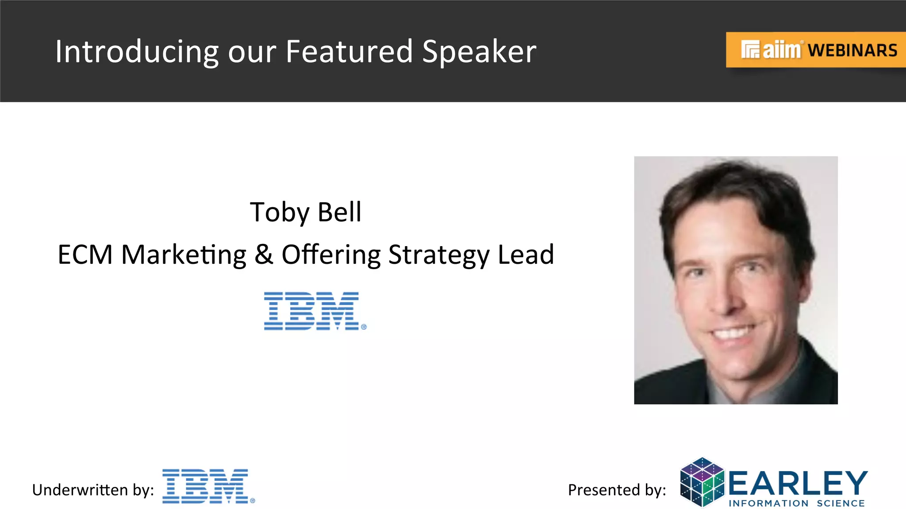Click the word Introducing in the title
(136, 52)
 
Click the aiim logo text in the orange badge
(781, 50)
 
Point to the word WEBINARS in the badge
(853, 50)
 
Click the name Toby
(279, 213)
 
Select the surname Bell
(339, 212)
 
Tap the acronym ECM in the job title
(85, 255)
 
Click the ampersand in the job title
(264, 255)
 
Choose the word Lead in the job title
(526, 255)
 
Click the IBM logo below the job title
(315, 311)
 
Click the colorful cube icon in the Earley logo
(702, 482)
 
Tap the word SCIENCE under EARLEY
(841, 503)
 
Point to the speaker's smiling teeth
(734, 331)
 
